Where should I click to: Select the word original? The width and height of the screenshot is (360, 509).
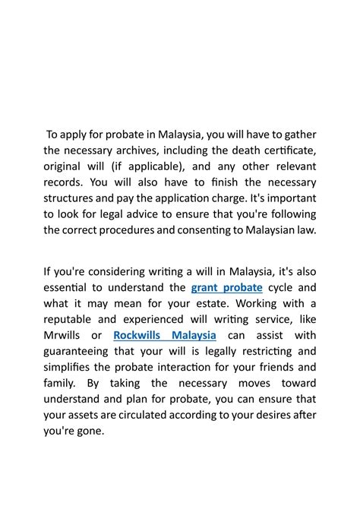[64, 166]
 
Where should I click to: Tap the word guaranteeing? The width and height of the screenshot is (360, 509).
[84, 352]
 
